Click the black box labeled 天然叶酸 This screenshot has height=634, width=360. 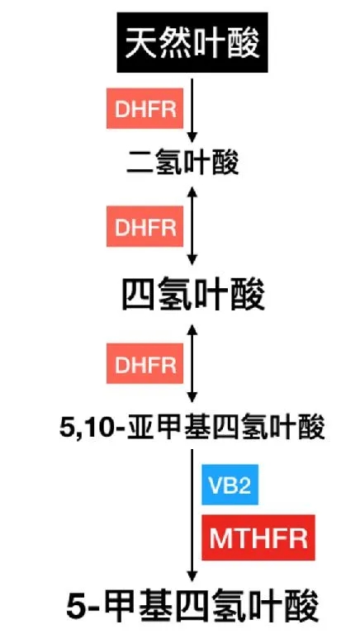pos(192,42)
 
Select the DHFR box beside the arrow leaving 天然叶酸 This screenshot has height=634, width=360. pos(144,108)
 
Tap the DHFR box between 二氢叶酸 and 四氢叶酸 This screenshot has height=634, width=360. pos(144,226)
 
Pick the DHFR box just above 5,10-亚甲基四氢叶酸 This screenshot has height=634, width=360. pos(144,363)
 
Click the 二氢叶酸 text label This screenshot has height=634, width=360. pos(182,163)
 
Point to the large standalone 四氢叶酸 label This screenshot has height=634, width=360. pos(193,295)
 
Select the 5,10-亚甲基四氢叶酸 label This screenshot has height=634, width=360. pos(192,427)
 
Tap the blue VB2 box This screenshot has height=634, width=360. pos(230,485)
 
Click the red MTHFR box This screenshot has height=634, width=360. pos(258,537)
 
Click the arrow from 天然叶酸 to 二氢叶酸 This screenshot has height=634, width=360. pos(192,111)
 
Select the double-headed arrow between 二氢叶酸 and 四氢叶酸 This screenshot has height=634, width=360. pos(192,226)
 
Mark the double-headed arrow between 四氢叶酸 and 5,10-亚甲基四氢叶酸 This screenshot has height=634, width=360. pos(192,363)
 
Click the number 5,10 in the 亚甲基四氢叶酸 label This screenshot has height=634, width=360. pos(85,428)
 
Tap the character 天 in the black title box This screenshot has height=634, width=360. pos(140,42)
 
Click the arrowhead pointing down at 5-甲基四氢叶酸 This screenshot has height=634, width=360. pos(192,577)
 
